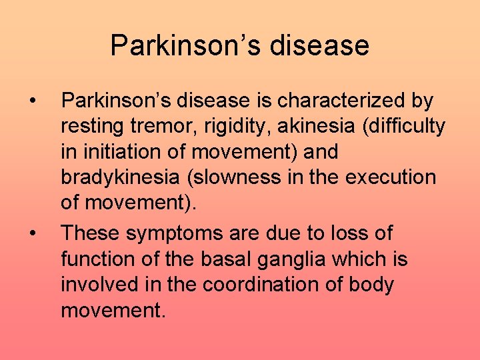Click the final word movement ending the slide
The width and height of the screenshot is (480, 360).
[111, 311]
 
